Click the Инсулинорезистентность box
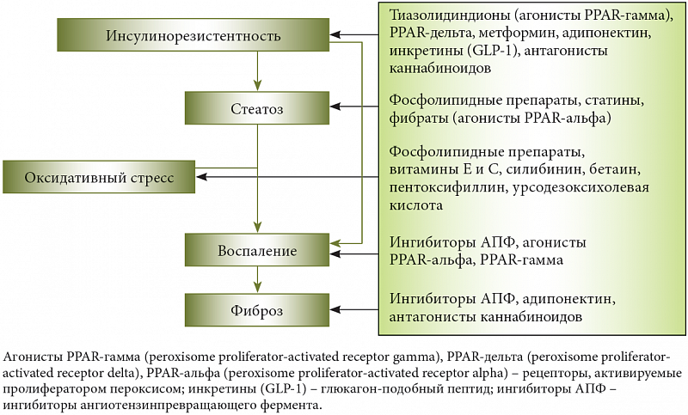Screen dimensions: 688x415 (193, 34)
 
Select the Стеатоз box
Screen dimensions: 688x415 (257, 108)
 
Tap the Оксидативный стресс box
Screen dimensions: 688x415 (99, 177)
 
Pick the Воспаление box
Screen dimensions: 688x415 (257, 250)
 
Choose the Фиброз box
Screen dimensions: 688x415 (257, 310)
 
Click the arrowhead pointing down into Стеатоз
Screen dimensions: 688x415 (257, 85)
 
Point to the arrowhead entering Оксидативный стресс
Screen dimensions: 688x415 (202, 177)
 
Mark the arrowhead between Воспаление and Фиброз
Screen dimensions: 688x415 (257, 288)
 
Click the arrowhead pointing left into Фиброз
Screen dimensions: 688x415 (335, 310)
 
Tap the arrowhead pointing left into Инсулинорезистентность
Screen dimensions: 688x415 (335, 34)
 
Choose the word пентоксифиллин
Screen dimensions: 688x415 (447, 187)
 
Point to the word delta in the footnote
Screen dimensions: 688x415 (120, 374)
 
